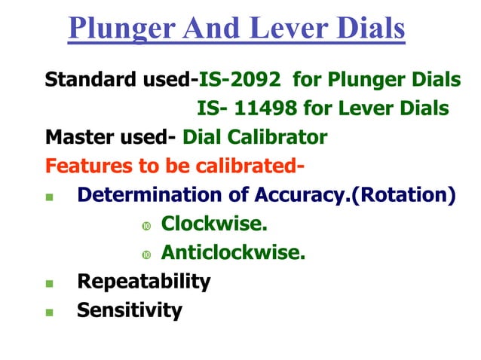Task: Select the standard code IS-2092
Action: point(240,80)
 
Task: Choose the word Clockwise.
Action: point(214,224)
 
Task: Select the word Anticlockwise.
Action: point(233,252)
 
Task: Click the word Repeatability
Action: point(144,282)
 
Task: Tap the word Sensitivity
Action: point(130,310)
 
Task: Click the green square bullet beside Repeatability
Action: point(50,284)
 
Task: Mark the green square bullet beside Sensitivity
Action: point(50,312)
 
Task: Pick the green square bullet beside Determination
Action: point(50,198)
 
